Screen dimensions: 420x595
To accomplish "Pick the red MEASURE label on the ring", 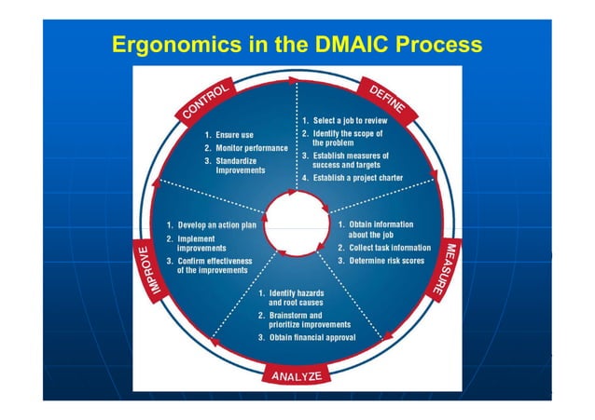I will (448, 269).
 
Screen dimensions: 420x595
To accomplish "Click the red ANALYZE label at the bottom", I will (296, 376).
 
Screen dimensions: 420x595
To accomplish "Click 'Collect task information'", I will (383, 248).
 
